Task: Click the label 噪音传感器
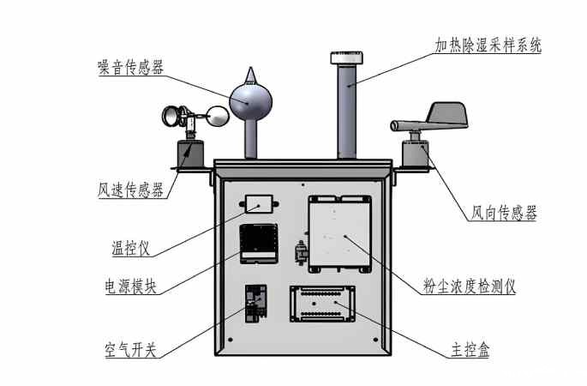(131, 68)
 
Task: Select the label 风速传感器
(130, 190)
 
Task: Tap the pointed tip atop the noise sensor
(249, 71)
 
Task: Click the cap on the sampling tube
(345, 57)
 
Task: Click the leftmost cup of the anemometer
(174, 112)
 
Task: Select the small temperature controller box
(259, 204)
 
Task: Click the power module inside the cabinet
(257, 243)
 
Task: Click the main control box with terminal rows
(323, 305)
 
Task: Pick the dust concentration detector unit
(340, 233)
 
